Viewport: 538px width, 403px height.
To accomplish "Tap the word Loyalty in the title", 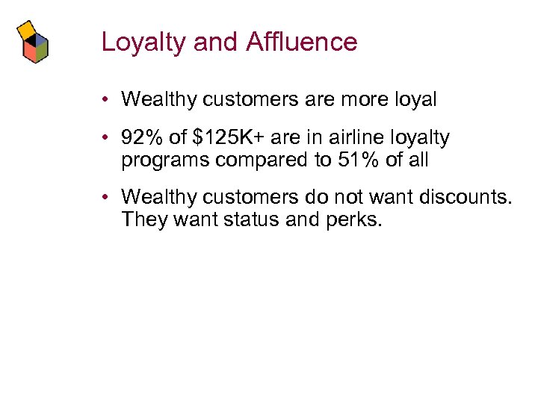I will (x=143, y=43).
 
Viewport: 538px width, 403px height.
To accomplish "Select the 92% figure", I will (x=140, y=138).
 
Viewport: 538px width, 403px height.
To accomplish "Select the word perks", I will (x=358, y=219).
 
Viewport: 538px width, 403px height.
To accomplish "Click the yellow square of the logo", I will (x=28, y=29).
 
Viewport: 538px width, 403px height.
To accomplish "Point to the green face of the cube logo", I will (x=43, y=49).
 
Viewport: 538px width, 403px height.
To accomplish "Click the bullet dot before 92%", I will (x=108, y=138).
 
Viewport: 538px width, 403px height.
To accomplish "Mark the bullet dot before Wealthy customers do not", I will (x=108, y=197).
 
